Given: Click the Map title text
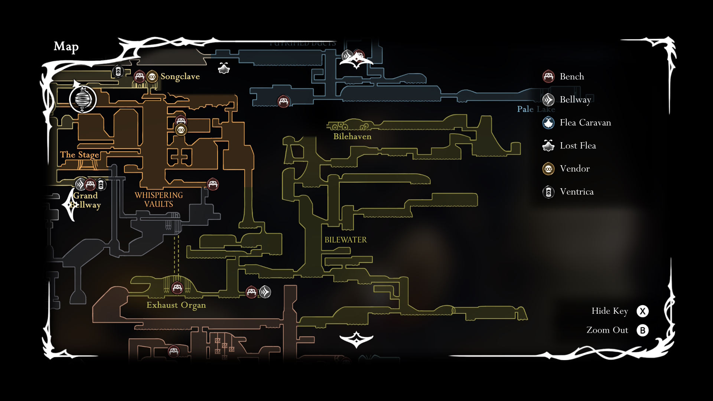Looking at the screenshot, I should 66,46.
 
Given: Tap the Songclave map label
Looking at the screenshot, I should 180,76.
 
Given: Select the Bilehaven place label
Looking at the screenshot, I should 352,137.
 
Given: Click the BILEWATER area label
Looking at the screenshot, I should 345,240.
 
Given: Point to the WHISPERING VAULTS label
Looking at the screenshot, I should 159,200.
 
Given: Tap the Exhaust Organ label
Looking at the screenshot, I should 176,305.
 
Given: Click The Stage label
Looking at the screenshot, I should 79,155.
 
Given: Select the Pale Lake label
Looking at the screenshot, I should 535,109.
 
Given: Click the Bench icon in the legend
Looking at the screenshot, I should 548,76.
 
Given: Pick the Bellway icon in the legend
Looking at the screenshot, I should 548,100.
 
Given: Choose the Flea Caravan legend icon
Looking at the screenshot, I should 548,123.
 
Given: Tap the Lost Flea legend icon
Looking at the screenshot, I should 548,146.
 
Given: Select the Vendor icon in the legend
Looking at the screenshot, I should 548,169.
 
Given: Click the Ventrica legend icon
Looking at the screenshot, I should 548,192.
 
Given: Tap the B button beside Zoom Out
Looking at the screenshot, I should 642,330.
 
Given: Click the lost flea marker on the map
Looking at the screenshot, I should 224,68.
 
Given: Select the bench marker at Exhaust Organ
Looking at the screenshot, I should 177,288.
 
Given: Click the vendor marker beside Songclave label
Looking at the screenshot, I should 152,77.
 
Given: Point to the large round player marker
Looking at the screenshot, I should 83,100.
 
